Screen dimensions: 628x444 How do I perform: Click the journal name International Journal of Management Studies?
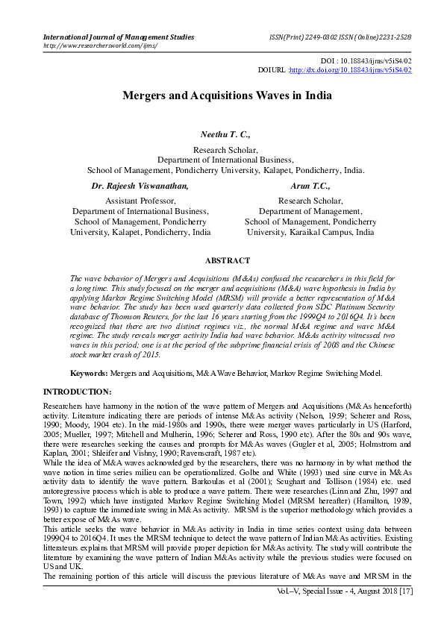pyautogui.click(x=119, y=37)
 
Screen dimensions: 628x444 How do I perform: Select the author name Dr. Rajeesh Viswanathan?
pyautogui.click(x=140, y=186)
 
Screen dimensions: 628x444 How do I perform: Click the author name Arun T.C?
pyautogui.click(x=310, y=186)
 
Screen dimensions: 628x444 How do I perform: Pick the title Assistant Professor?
pyautogui.click(x=140, y=201)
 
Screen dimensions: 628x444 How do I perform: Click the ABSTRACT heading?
pyautogui.click(x=227, y=260)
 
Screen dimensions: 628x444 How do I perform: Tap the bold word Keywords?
pyautogui.click(x=88, y=371)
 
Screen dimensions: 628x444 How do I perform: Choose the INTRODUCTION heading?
pyautogui.click(x=77, y=392)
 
